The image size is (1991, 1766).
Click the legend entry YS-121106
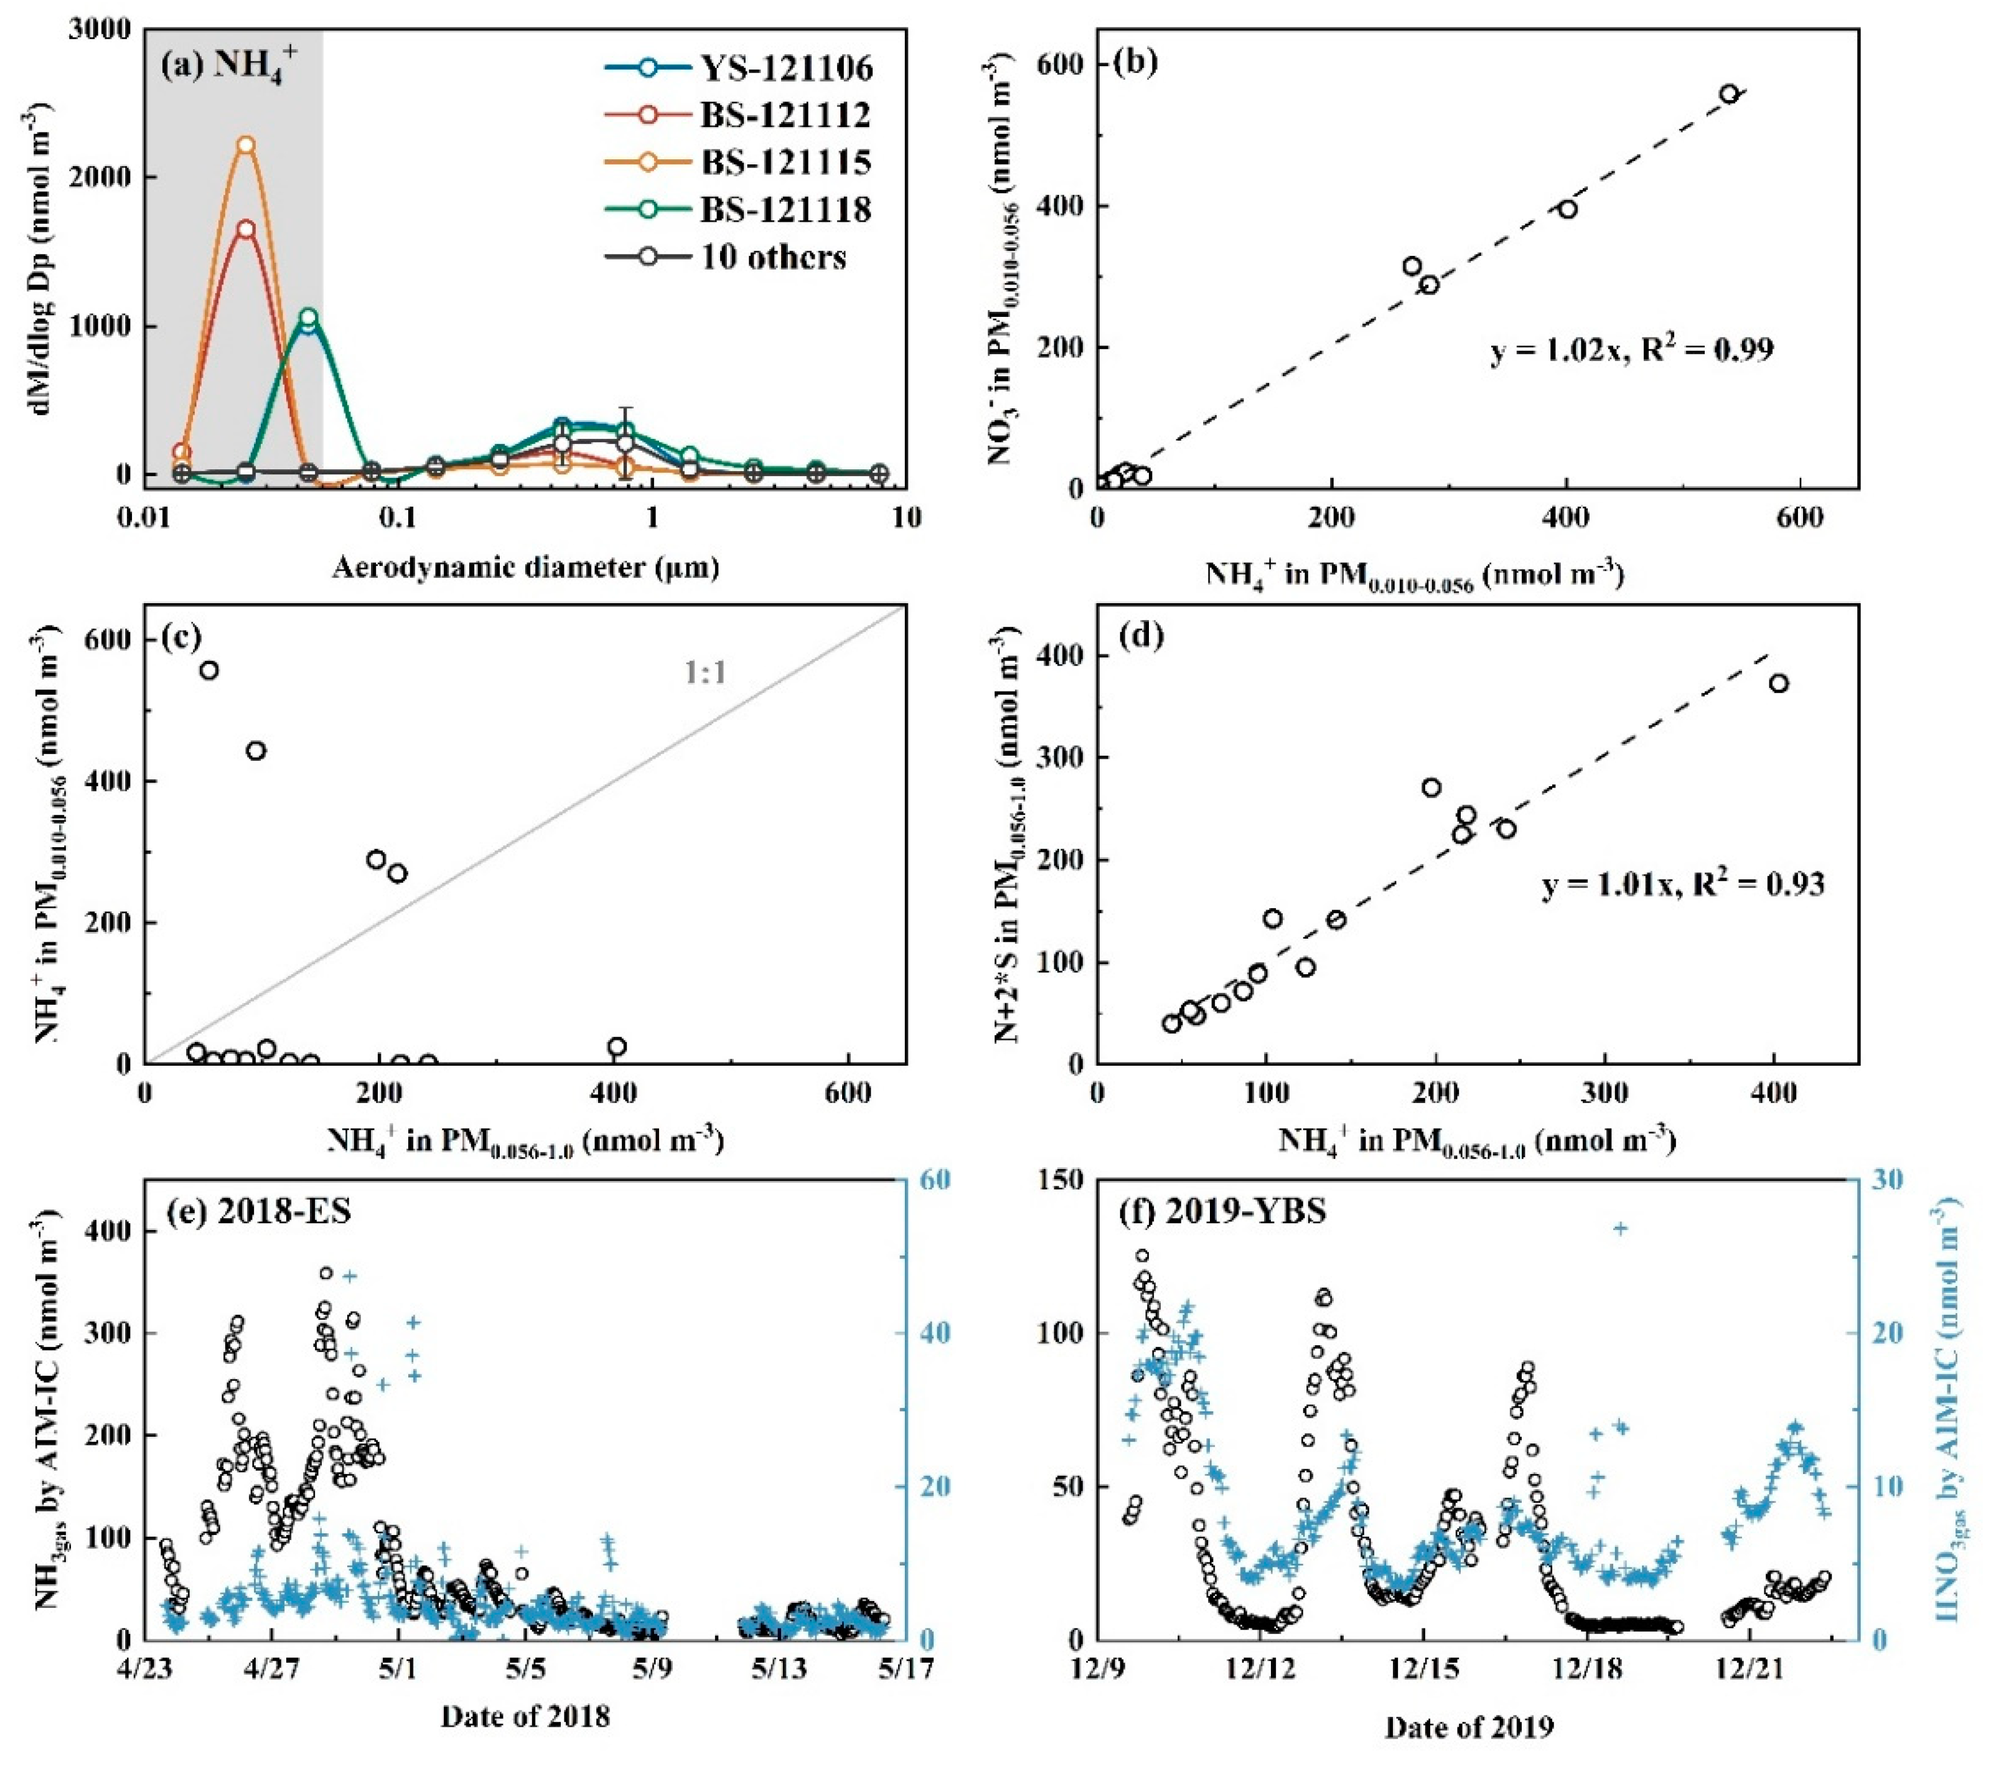click(x=785, y=68)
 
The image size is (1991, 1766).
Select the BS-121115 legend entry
click(x=785, y=162)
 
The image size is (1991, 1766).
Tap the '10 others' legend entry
click(x=774, y=257)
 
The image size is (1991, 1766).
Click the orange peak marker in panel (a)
click(x=246, y=145)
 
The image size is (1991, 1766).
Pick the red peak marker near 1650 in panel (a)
click(x=246, y=229)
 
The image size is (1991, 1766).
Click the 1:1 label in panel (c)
click(x=705, y=672)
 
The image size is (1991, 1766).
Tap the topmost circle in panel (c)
click(x=208, y=670)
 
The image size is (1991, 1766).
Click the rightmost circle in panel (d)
click(x=1779, y=683)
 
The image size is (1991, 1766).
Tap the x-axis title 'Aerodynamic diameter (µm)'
click(x=526, y=567)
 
